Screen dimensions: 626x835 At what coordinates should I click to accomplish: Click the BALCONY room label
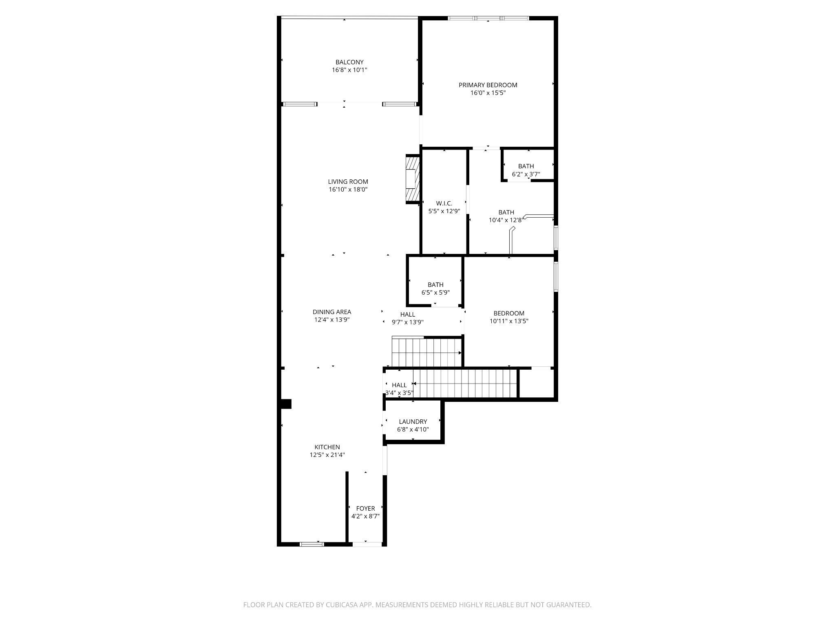coord(349,62)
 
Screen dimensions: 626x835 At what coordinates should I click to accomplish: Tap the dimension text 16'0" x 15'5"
coord(488,93)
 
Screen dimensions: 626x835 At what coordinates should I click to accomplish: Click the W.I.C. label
coord(444,203)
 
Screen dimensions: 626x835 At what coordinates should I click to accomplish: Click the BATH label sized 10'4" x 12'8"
coord(506,212)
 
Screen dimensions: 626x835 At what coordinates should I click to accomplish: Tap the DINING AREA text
coord(331,312)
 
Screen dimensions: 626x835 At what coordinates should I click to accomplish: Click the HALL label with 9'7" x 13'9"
coord(407,315)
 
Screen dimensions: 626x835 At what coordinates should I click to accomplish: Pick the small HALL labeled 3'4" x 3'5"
coord(399,385)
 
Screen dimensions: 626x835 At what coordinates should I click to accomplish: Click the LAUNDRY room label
coord(413,422)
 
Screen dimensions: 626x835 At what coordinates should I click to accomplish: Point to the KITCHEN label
coord(327,447)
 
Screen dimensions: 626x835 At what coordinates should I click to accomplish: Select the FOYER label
coord(365,509)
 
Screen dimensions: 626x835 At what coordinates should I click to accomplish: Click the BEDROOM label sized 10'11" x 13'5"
coord(509,313)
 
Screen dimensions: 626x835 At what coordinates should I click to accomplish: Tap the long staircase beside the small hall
coord(465,384)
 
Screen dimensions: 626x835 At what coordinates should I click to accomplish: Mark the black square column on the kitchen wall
coord(286,404)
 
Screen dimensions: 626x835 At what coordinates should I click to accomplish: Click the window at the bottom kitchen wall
coord(312,544)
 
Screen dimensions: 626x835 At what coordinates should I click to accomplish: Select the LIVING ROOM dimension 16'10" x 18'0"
coord(348,190)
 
